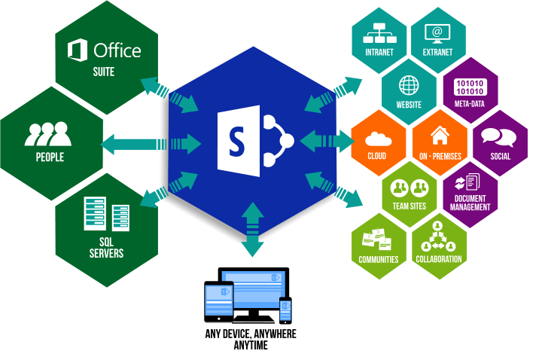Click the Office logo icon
coord(78,50)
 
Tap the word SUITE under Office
coord(104,72)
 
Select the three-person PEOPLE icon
coord(48,134)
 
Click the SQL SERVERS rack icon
coord(107,214)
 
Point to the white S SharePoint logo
coord(255,141)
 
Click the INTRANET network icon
coord(379,33)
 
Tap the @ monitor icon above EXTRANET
coord(437,34)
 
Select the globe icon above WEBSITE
coord(409,85)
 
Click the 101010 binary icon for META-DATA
coord(470,87)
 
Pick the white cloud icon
coord(378,139)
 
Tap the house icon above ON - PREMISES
coord(440,136)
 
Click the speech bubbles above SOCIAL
coord(499,137)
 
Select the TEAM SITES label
coord(409,206)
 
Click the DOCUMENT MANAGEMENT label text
coord(470,203)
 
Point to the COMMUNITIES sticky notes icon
coord(376,239)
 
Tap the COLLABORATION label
coord(439,259)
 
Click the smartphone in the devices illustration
coord(285,310)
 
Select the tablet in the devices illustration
coord(219,301)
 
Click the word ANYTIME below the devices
coord(251,346)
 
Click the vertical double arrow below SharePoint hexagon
coord(252,229)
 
